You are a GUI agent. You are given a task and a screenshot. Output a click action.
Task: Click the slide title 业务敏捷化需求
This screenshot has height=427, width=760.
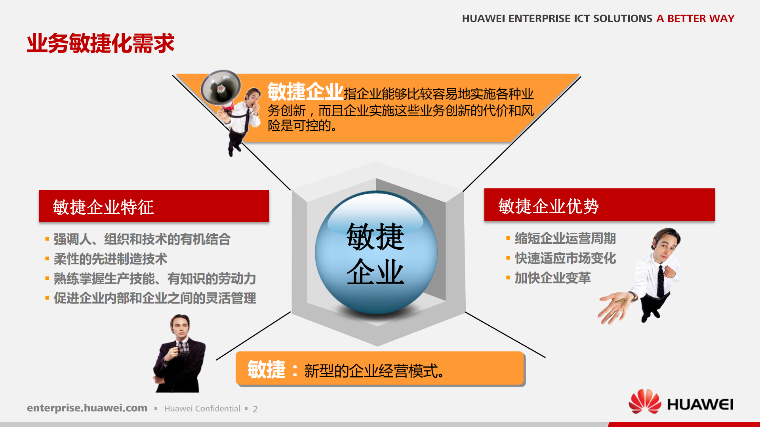point(101,43)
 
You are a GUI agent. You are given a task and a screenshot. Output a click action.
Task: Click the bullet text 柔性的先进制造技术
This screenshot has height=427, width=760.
point(110,259)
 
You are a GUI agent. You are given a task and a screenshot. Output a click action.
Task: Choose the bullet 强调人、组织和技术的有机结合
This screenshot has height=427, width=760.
point(142,239)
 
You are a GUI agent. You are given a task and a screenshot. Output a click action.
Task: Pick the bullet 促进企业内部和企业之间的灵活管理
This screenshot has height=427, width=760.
point(154,298)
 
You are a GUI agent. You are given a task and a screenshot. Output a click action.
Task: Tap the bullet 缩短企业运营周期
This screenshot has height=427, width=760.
point(565,239)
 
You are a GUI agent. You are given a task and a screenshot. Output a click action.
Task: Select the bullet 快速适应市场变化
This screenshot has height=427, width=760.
point(565,258)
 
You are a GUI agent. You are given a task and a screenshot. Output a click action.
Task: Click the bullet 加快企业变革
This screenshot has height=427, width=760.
point(552,278)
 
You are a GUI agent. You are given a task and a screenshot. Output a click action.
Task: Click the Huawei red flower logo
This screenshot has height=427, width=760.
point(645,402)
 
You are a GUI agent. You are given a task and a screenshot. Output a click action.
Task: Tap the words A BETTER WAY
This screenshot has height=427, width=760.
point(695,19)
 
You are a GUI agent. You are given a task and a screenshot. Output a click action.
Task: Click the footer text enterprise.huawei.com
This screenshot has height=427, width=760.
point(87,408)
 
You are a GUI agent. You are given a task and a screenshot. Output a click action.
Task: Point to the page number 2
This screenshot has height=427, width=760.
point(255,409)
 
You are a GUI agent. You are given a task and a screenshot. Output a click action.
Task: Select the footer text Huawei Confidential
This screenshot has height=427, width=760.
point(202,409)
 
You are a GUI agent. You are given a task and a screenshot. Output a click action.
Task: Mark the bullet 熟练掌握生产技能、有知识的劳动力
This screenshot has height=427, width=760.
point(154,279)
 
